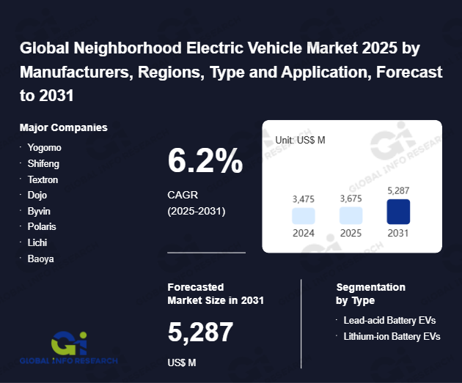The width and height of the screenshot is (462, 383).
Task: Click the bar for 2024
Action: point(304,215)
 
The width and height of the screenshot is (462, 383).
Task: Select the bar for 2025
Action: point(351,215)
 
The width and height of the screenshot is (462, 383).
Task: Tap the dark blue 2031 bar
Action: point(398,212)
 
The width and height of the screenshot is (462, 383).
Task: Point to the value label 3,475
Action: point(304,198)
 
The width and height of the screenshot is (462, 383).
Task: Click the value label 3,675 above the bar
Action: point(351,198)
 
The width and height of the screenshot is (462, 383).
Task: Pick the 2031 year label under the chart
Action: point(398,233)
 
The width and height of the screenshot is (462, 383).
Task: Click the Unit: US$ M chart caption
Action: point(300,139)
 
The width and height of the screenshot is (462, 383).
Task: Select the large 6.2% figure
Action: point(205,161)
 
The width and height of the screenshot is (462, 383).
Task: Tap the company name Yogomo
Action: point(44,147)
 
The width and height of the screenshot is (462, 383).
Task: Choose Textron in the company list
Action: point(43,179)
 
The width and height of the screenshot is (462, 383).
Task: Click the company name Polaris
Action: point(42,226)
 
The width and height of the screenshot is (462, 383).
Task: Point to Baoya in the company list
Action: point(41,259)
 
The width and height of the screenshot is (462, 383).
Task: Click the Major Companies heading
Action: point(64,127)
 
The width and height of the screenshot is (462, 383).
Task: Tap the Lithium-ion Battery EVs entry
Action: point(392,336)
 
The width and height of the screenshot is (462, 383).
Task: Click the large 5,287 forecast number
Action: point(200,332)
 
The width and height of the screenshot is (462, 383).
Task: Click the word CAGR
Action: point(183,196)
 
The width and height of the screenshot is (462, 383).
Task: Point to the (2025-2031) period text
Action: point(197,211)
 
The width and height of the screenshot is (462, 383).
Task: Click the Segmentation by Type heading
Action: point(370,294)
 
